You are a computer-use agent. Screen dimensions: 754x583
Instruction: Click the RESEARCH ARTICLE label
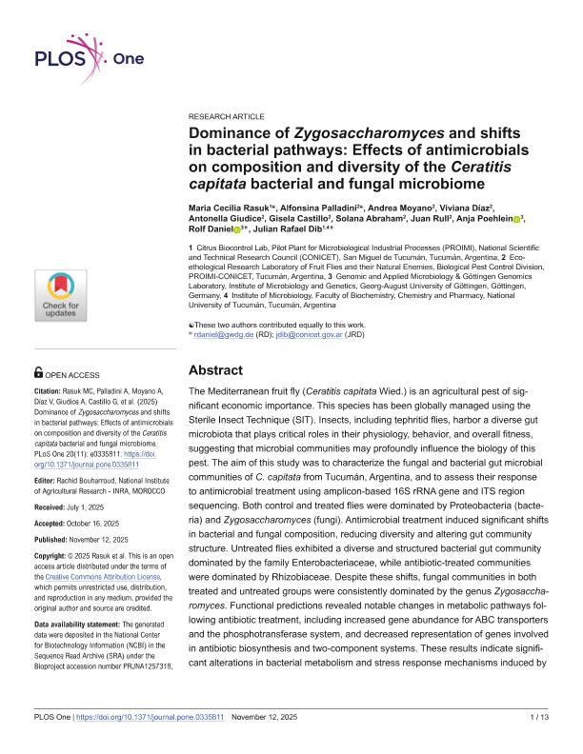pyautogui.click(x=228, y=114)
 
